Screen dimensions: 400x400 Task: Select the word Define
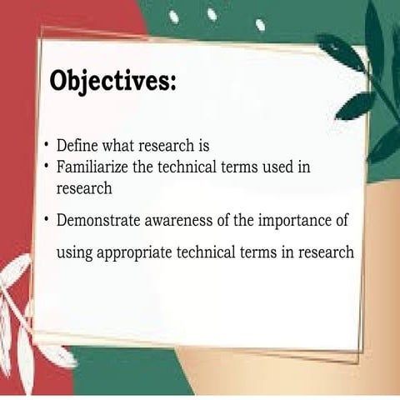77,147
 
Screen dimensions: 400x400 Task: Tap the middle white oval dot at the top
212,14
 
